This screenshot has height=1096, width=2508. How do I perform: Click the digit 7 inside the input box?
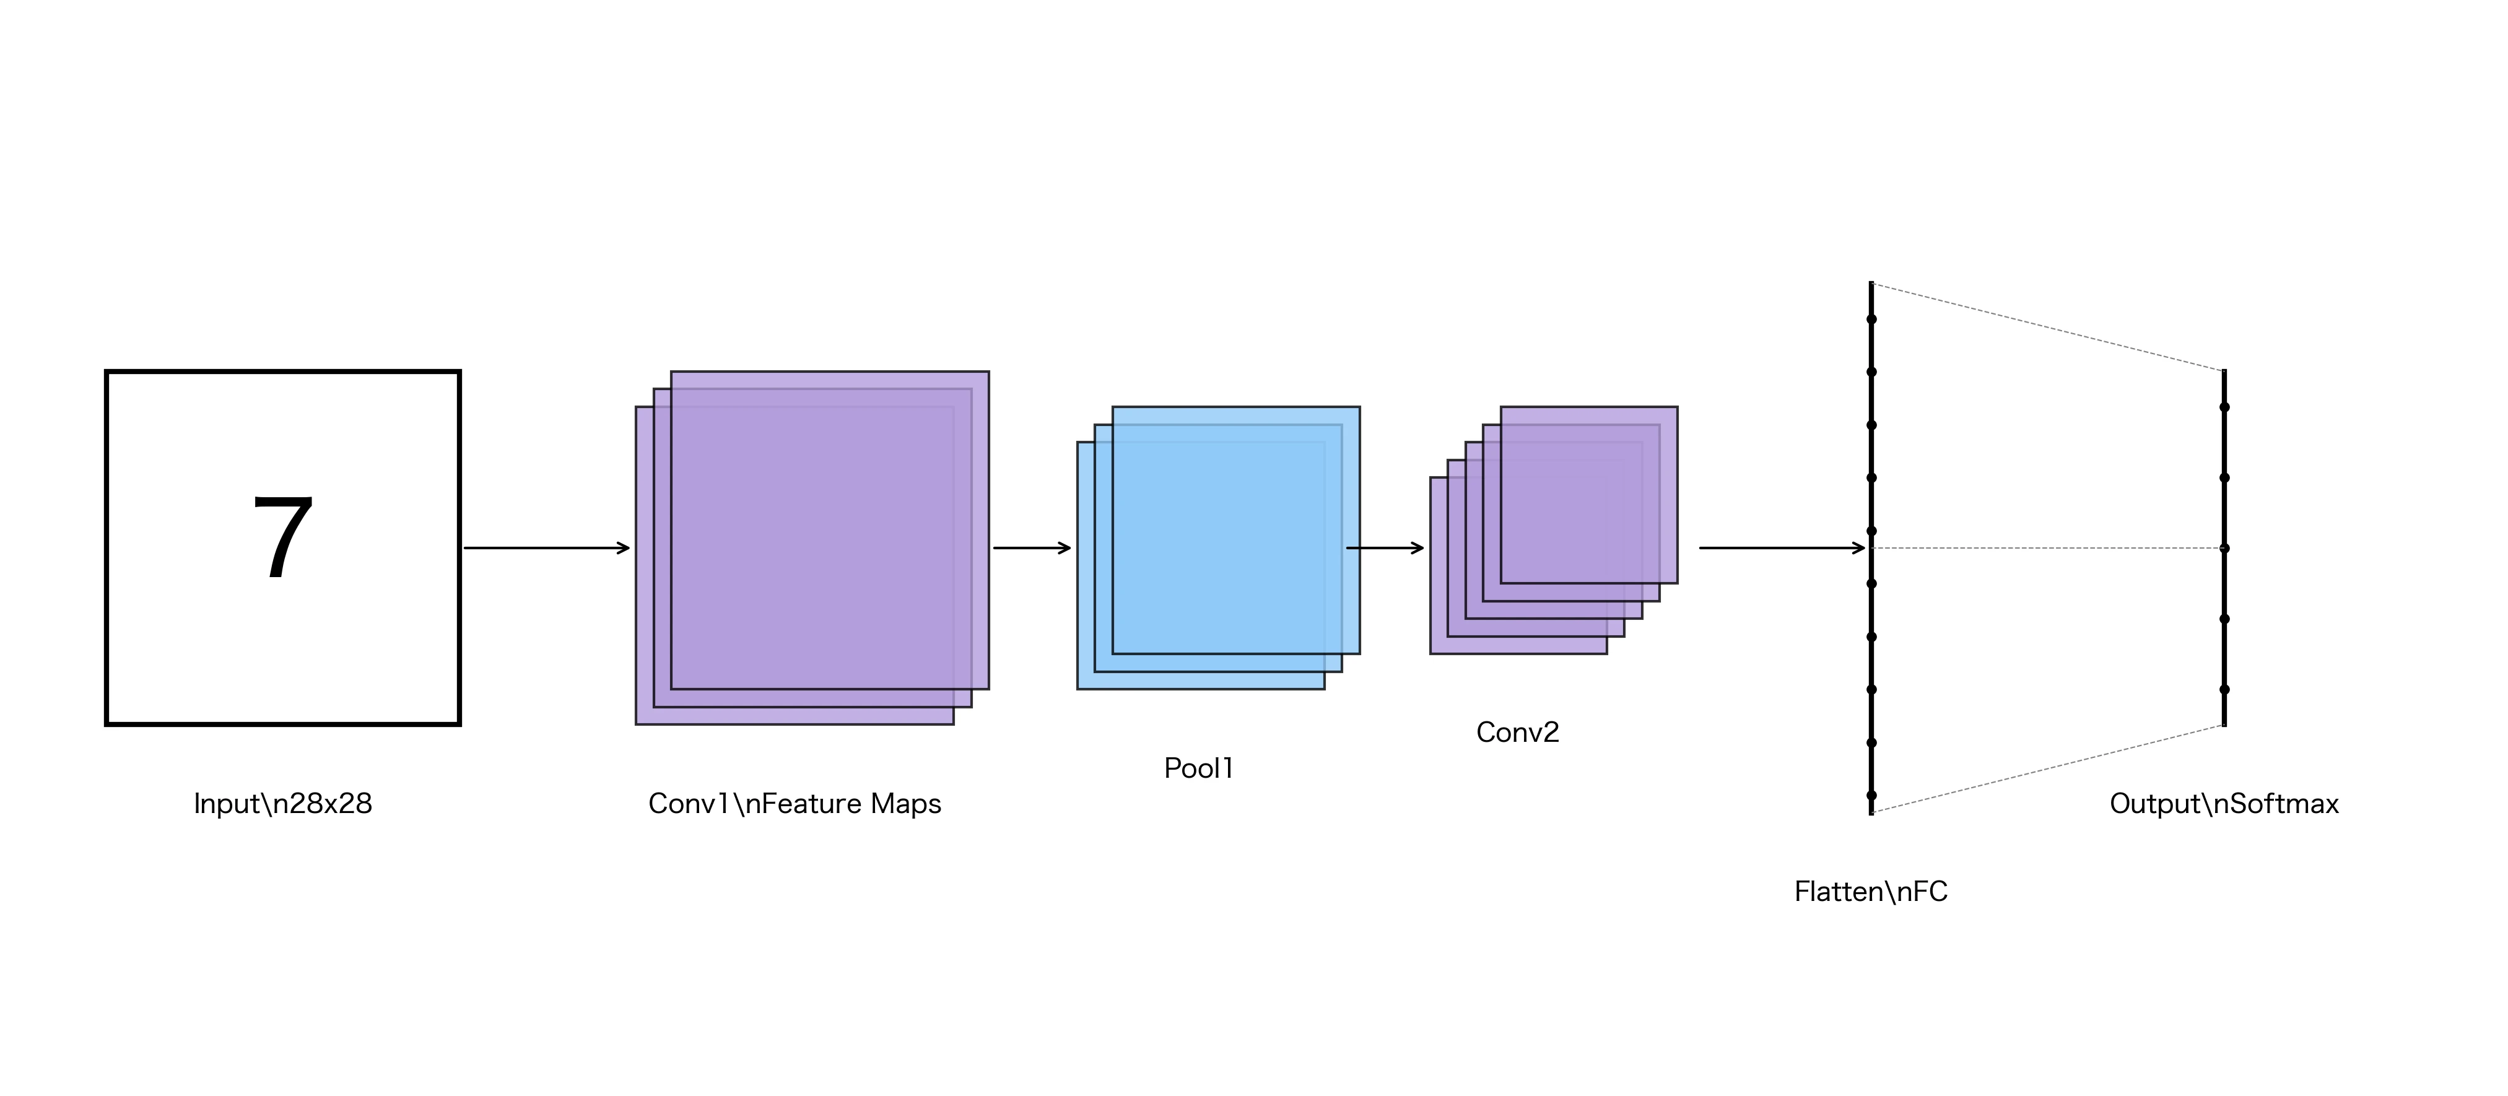pos(282,537)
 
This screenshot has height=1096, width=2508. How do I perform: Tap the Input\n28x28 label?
pos(282,804)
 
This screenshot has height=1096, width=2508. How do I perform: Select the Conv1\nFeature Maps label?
pos(795,804)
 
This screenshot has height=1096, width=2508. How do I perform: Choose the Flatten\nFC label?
pos(1870,892)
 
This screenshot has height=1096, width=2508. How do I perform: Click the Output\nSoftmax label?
pos(2224,804)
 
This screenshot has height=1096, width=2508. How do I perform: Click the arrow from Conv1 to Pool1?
pos(1032,548)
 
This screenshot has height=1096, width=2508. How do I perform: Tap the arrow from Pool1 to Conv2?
pos(1385,548)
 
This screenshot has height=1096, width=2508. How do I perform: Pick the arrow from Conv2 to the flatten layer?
pos(1782,548)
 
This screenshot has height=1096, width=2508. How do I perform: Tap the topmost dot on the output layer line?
pos(2224,407)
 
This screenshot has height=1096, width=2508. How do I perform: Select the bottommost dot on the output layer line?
pos(2224,689)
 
